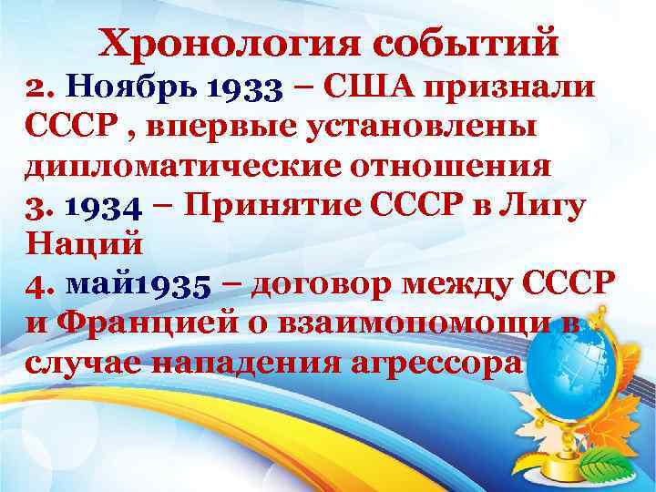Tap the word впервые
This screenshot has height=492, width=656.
pos(209,128)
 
